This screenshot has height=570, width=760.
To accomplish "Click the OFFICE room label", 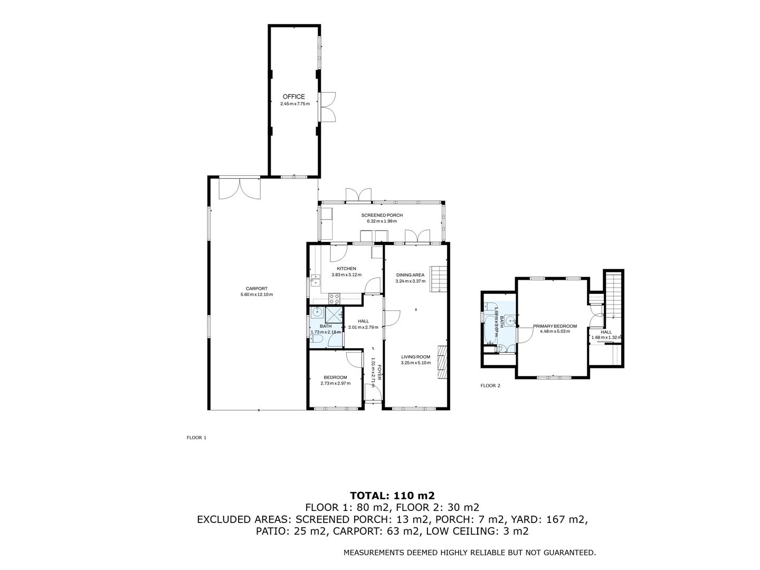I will click(x=293, y=97).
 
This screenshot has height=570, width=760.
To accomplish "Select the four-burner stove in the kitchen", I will click(x=335, y=299).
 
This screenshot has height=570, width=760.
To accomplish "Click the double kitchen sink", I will click(x=316, y=280).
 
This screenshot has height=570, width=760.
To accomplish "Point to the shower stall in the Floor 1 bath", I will click(x=332, y=315).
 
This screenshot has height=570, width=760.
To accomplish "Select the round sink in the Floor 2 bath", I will click(x=510, y=320).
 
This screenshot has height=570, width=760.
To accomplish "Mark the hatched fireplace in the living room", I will click(x=442, y=362).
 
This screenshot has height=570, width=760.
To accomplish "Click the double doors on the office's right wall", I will click(x=328, y=107).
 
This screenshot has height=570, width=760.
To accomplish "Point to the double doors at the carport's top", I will click(x=240, y=189).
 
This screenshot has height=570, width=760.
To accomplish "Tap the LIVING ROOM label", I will click(x=415, y=357).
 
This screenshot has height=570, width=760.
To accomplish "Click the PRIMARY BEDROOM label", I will click(x=555, y=326).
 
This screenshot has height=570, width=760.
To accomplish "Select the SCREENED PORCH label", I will click(x=382, y=215).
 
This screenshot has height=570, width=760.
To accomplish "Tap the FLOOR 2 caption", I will click(x=490, y=386).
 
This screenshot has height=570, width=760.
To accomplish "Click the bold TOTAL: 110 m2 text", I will click(x=392, y=496).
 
